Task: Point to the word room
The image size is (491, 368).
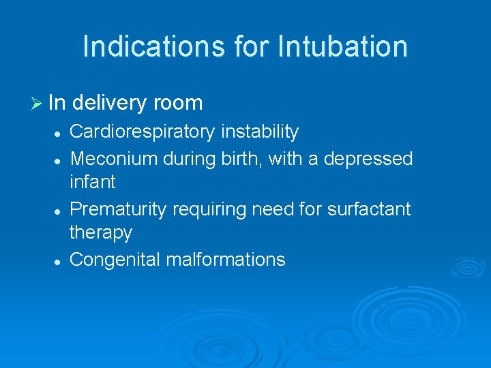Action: tap(178, 104)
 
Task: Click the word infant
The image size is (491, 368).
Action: tap(93, 182)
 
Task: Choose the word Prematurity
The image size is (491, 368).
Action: tap(118, 209)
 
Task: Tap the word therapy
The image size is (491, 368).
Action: tap(101, 232)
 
